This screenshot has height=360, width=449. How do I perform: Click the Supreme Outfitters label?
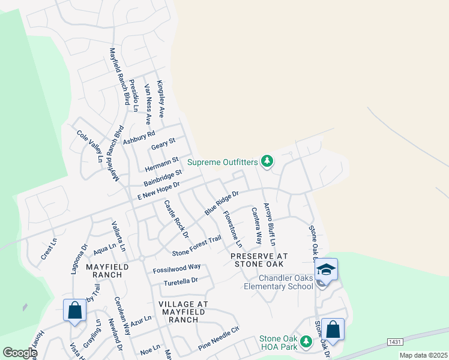pyautogui.click(x=222, y=161)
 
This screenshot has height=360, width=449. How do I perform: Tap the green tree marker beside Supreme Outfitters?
pyautogui.click(x=267, y=161)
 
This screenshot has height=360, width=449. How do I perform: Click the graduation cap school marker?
pyautogui.click(x=326, y=269)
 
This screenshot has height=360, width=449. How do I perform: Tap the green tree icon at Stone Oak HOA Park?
pyautogui.click(x=306, y=341)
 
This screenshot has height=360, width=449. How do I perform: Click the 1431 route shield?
pyautogui.click(x=394, y=341)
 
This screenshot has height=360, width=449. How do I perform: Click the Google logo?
pyautogui.click(x=19, y=353)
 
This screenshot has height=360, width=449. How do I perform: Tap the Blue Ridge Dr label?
pyautogui.click(x=221, y=203)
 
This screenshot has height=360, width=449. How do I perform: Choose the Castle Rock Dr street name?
pyautogui.click(x=176, y=218)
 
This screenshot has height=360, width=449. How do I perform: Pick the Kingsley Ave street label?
pyautogui.click(x=161, y=98)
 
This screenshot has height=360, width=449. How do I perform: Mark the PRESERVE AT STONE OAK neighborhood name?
pyautogui.click(x=259, y=260)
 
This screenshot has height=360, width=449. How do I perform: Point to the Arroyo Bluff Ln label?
pyautogui.click(x=270, y=225)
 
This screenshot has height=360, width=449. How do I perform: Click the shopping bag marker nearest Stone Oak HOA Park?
pyautogui.click(x=333, y=329)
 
